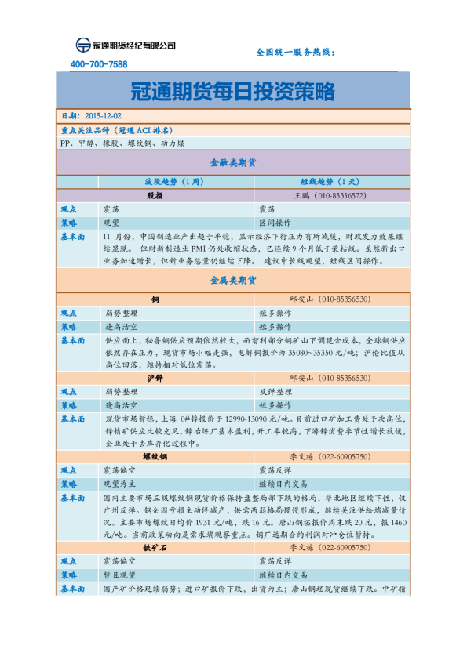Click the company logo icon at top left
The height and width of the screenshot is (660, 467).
[x=82, y=45]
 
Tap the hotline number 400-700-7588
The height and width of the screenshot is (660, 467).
[x=99, y=64]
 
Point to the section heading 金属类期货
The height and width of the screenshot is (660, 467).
[x=233, y=279]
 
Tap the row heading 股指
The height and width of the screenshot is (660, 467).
[x=155, y=195]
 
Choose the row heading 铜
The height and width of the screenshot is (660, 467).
[x=155, y=299]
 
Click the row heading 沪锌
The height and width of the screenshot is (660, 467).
[x=155, y=378]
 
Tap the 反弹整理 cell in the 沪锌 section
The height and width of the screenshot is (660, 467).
[x=275, y=391]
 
